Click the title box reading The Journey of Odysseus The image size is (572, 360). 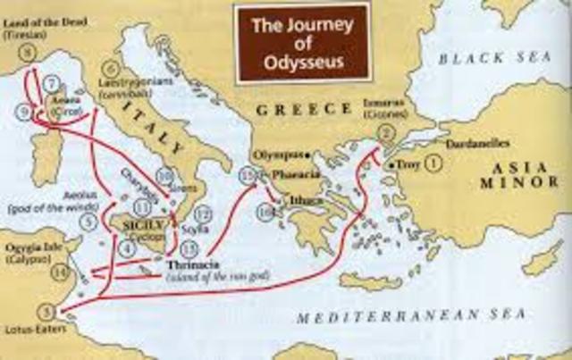tap(290, 39)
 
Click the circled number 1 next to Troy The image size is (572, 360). tap(433, 163)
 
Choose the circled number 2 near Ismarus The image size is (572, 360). tap(386, 133)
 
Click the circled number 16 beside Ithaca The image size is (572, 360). tap(265, 211)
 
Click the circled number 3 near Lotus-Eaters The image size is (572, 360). tap(46, 312)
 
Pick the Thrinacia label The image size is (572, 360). tap(189, 265)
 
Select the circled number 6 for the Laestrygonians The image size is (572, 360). tap(111, 68)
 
